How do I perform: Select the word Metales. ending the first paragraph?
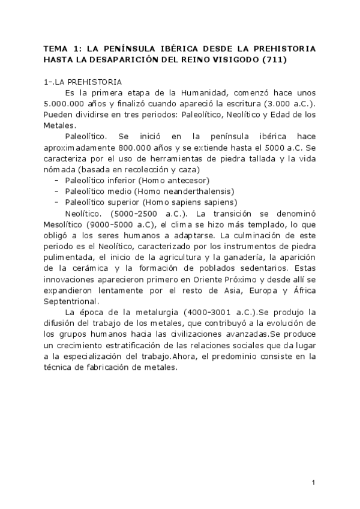point(59,125)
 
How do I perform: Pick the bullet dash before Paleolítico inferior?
point(56,180)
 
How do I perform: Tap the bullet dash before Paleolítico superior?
point(56,202)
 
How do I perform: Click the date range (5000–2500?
point(139,213)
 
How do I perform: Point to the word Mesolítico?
point(68,224)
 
